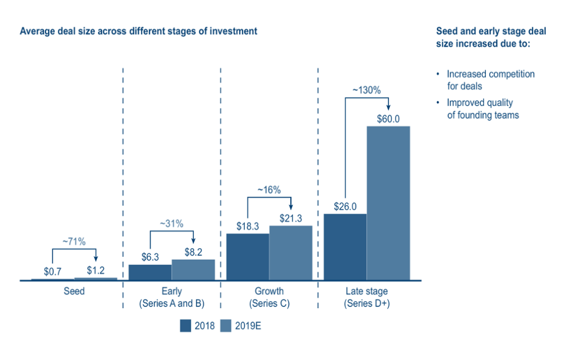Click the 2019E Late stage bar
pyautogui.click(x=388, y=203)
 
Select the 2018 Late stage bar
pyautogui.click(x=344, y=246)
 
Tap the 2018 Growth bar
pyautogui.click(x=248, y=257)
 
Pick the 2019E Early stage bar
pyautogui.click(x=193, y=270)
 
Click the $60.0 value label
pyautogui.click(x=388, y=119)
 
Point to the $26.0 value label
pyautogui.click(x=344, y=206)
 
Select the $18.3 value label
pyautogui.click(x=248, y=226)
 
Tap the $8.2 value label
pyautogui.click(x=193, y=252)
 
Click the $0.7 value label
pyautogui.click(x=52, y=272)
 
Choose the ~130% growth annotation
pyautogui.click(x=366, y=90)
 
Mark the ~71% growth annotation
pyautogui.click(x=74, y=242)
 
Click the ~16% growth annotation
pyautogui.click(x=269, y=190)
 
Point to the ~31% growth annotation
pyautogui.click(x=172, y=224)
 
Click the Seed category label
pyautogui.click(x=74, y=292)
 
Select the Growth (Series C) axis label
pyautogui.click(x=269, y=297)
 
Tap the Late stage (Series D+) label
pyautogui.click(x=366, y=297)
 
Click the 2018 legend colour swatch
pyautogui.click(x=185, y=326)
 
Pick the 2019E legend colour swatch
pyautogui.click(x=225, y=326)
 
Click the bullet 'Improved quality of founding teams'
pyautogui.click(x=482, y=109)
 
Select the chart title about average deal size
pyautogui.click(x=139, y=31)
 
